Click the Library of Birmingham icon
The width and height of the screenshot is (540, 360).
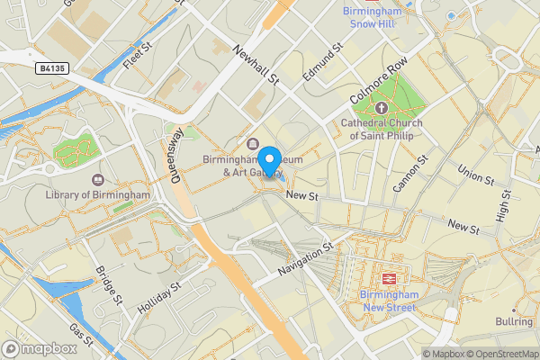(x=98, y=180)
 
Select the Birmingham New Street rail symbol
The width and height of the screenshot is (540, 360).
(x=390, y=280)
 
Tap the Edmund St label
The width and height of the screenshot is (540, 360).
(x=324, y=61)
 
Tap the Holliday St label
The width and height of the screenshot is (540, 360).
(x=159, y=296)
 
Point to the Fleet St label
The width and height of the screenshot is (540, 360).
(x=134, y=57)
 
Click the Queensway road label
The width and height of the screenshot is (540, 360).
(x=176, y=155)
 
